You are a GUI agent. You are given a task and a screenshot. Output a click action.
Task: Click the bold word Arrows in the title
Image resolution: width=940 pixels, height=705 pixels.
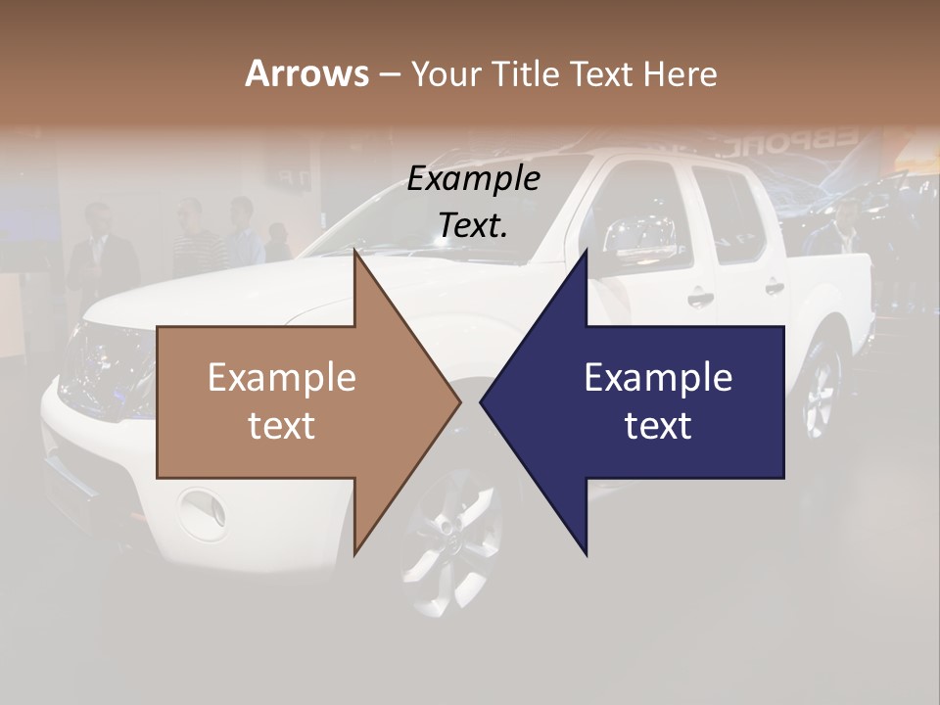tap(305, 73)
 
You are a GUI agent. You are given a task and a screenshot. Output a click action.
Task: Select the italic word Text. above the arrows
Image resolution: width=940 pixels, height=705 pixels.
tap(474, 225)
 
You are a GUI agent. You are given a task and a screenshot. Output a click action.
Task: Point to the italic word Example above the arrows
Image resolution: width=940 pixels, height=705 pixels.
tap(474, 179)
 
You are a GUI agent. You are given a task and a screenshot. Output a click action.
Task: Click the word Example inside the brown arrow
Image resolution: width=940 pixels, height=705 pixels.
tap(282, 377)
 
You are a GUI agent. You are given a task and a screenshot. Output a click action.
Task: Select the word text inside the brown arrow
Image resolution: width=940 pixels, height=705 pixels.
tap(282, 426)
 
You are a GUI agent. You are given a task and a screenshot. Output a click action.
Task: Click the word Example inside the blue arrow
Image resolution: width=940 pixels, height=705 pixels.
tap(658, 377)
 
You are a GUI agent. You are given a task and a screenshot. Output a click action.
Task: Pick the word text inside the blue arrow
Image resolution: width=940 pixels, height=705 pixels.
tap(658, 426)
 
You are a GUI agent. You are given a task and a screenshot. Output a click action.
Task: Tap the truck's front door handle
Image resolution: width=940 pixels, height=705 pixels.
tap(699, 298)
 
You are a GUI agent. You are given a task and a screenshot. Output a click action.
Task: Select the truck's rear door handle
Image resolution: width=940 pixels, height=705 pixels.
tap(774, 288)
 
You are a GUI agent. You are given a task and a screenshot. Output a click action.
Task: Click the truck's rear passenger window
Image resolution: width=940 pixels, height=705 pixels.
tap(729, 213)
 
